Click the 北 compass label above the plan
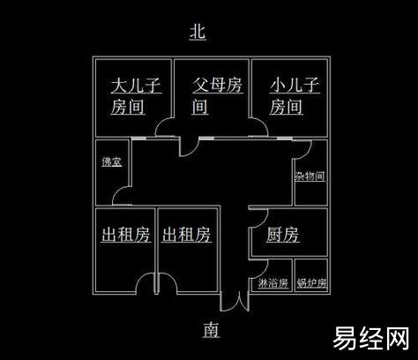tap(198, 32)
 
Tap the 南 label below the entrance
tap(211, 329)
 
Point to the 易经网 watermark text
tap(371, 338)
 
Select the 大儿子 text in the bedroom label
tap(136, 85)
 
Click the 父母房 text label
tap(218, 85)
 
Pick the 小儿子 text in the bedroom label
tap(295, 85)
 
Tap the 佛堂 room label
tap(112, 161)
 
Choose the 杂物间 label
tap(310, 176)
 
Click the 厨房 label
tap(283, 235)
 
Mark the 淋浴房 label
tap(273, 283)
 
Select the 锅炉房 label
tap(311, 283)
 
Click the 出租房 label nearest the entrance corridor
tap(186, 235)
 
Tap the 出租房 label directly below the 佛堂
tap(126, 235)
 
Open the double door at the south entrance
tap(235, 303)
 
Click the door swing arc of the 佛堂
tap(117, 191)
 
